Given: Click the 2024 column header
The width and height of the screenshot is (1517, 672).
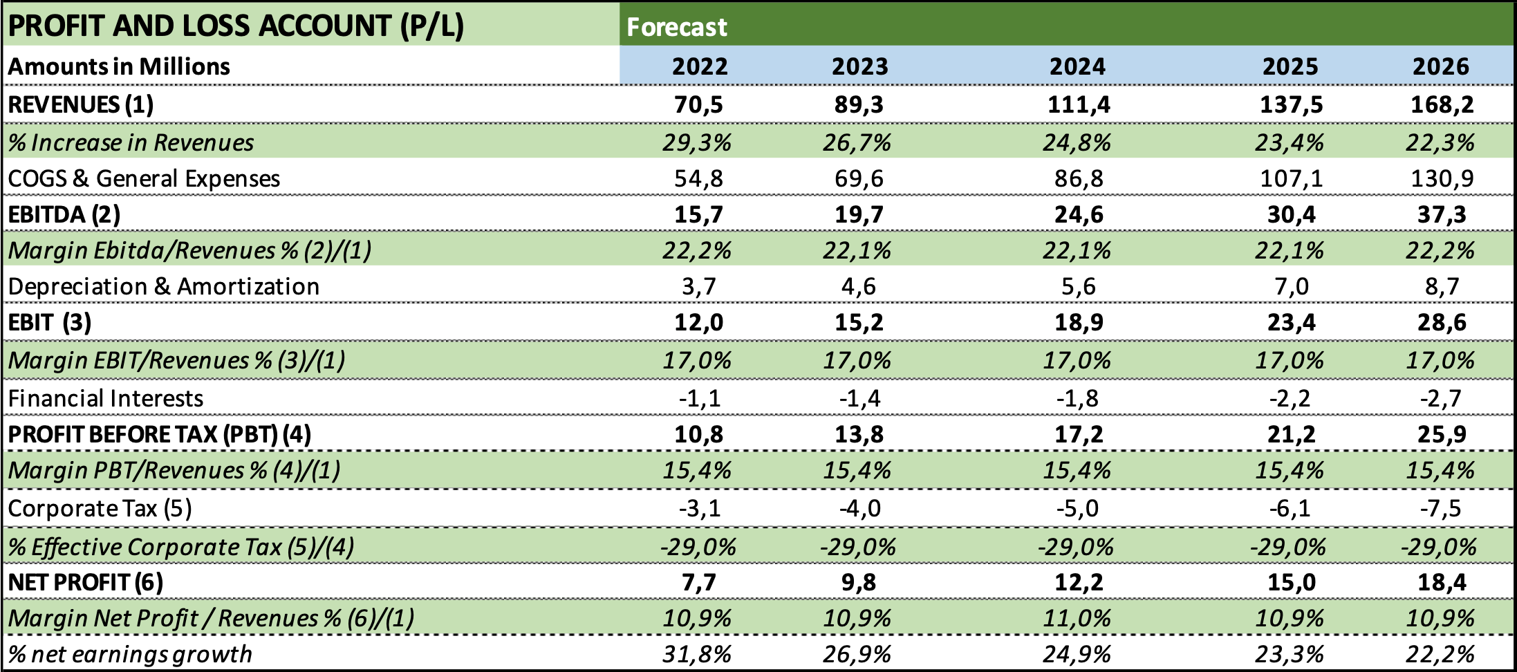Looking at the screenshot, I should pos(1077,66).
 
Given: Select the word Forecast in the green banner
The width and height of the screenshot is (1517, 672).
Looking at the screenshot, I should pos(676,27).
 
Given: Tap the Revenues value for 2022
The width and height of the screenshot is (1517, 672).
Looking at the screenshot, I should pos(698,104).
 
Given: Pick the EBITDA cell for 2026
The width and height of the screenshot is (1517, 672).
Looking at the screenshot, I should pos(1442,214).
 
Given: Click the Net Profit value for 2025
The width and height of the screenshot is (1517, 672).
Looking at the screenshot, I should pos(1291,582).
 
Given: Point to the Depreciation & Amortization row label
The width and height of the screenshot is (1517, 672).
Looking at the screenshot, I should pos(164,286).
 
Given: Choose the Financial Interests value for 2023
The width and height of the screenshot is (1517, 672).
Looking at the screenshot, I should pos(859,398).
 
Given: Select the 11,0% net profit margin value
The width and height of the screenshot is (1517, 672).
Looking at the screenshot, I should pos(1077,617).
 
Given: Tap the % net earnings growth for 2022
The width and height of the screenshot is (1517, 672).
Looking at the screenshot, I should pos(696,654).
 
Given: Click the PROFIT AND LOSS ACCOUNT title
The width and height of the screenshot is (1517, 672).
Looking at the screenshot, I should pos(236,26).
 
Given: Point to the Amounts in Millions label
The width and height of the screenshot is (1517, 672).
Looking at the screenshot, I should pos(119,66).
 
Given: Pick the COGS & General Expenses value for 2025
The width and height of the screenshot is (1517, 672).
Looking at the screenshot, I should pos(1291,178).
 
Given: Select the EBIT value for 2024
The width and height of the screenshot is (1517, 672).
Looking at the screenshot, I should pos(1078,322).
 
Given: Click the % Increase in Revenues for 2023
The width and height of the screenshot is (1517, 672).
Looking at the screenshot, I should pos(857,142).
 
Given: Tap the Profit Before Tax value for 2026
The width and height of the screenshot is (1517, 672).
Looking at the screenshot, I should pos(1442,434).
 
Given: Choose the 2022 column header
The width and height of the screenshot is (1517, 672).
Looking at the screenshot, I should pos(700,66).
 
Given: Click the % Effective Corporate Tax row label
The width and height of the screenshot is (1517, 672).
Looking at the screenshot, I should pos(181,547).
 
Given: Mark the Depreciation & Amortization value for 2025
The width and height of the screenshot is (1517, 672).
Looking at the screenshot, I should pos(1291,286).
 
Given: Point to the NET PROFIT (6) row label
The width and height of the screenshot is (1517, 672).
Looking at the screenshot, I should pos(86,582).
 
